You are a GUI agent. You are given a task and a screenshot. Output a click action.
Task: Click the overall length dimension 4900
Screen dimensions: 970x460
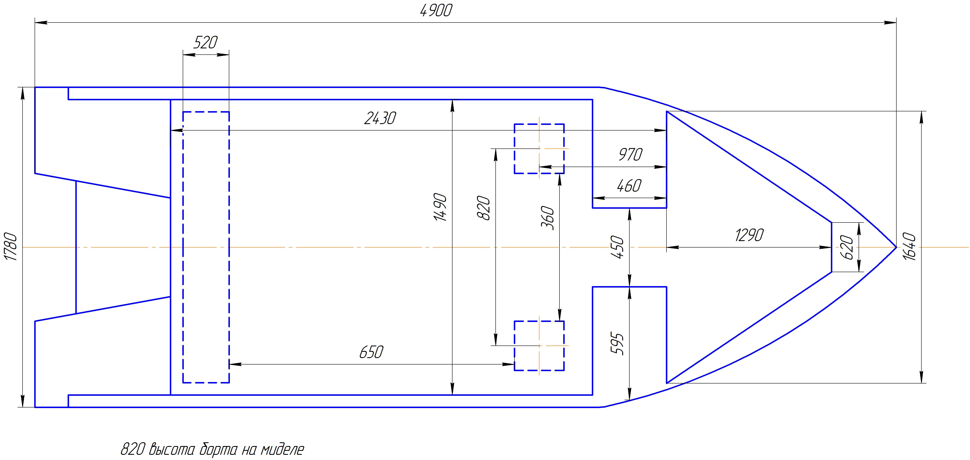point(436,11)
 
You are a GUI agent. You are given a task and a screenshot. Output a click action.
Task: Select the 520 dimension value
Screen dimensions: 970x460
point(205,43)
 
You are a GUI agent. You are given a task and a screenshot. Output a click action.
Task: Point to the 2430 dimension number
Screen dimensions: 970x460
point(380,118)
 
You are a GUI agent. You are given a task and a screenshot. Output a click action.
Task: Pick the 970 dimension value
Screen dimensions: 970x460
point(630,154)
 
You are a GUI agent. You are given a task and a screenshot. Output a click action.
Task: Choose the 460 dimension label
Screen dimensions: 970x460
point(629,186)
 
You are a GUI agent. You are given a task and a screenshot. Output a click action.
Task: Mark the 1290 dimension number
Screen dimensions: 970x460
point(749,235)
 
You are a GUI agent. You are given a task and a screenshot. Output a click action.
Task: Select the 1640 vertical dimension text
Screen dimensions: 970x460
point(909,247)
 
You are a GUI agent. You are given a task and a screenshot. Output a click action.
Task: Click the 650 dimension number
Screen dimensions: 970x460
point(371,352)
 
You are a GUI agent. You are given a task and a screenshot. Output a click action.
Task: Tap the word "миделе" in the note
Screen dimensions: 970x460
point(282,449)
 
